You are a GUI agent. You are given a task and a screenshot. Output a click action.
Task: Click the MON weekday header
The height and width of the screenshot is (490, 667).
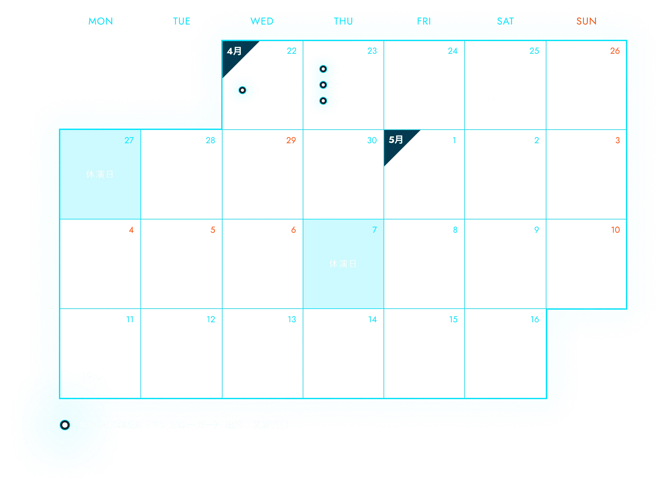tap(101, 22)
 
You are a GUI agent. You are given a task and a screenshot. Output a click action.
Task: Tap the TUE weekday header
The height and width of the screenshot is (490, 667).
tap(182, 22)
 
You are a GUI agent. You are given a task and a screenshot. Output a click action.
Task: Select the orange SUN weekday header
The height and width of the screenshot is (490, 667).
tap(586, 22)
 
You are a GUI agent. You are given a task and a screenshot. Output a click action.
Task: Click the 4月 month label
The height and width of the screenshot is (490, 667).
tap(234, 51)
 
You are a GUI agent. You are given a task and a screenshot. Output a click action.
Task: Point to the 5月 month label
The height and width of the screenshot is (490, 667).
tap(396, 140)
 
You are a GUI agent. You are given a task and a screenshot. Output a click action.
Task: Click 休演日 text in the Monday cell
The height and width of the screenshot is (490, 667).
tap(100, 174)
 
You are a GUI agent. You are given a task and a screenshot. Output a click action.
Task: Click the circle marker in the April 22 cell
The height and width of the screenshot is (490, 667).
tap(242, 90)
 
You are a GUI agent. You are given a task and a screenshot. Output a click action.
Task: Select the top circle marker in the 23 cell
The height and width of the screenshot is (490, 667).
tap(323, 69)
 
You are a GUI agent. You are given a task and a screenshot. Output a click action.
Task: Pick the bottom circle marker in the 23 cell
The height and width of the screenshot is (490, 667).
tap(323, 101)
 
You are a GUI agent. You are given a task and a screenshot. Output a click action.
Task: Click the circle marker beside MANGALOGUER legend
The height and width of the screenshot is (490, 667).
tap(65, 425)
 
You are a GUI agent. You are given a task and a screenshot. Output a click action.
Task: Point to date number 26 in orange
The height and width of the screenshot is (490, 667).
tap(615, 51)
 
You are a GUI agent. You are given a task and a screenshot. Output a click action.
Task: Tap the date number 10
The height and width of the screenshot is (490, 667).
tap(615, 230)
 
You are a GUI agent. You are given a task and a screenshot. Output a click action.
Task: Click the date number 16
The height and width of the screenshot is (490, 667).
tap(535, 319)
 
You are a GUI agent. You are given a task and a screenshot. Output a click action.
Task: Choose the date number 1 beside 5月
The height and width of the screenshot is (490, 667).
tap(454, 140)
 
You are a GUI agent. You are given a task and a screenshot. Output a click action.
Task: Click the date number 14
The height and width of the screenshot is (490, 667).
tap(373, 319)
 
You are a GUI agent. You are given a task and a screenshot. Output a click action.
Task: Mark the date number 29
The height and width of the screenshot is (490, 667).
tap(291, 140)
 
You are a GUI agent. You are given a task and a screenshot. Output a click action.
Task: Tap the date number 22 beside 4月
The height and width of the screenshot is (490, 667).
tap(291, 51)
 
